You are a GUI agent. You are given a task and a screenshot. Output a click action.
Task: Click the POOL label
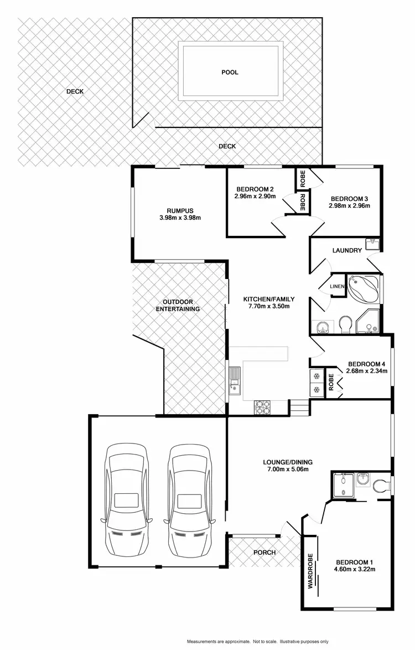(x=230, y=72)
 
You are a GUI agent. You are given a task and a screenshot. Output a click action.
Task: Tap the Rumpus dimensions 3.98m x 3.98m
(x=180, y=218)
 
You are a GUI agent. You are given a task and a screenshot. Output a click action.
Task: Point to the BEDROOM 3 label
(x=349, y=198)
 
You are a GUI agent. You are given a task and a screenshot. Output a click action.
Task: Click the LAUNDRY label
(x=347, y=250)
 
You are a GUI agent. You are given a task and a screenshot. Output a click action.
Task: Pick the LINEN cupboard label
(x=337, y=286)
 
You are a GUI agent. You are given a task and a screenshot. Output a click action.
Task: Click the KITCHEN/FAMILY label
(x=266, y=299)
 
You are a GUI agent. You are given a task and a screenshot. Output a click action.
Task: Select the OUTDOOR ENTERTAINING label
(x=177, y=305)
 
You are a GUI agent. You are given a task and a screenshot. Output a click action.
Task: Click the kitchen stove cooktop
(x=262, y=407)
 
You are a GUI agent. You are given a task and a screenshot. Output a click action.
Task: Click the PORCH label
(x=264, y=553)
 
